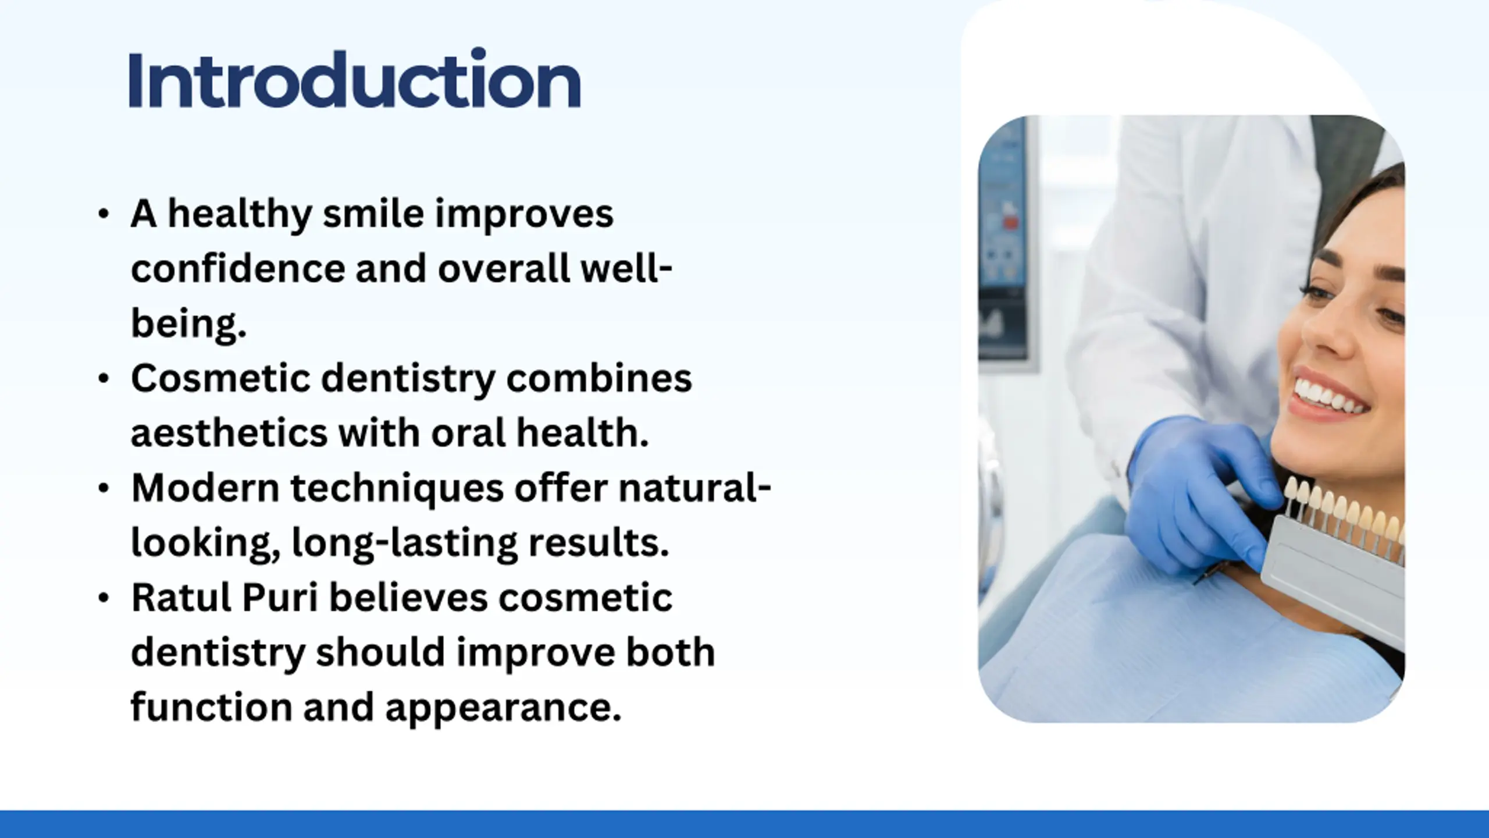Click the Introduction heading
(x=354, y=79)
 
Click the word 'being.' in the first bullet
(x=189, y=323)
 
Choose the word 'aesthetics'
(x=230, y=433)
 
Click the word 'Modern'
(x=205, y=488)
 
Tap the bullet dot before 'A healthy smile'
(x=104, y=214)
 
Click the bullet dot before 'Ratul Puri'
(x=104, y=598)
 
